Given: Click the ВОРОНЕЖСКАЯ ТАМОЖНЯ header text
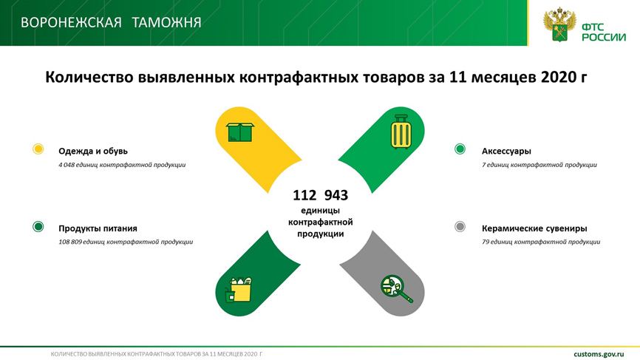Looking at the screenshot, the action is [x=111, y=22].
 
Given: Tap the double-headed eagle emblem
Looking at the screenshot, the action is [x=559, y=25].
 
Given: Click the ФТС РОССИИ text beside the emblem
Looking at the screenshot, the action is [x=604, y=33].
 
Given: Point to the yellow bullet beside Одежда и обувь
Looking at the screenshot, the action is [x=38, y=149].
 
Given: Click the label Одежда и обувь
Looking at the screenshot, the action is [x=93, y=151].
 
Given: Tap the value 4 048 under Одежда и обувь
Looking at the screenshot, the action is [x=67, y=165].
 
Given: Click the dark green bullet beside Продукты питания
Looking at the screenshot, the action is [x=38, y=226].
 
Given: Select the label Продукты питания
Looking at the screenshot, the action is [x=98, y=228].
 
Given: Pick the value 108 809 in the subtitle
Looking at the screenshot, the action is [x=70, y=242].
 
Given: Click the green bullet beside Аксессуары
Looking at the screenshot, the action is [x=460, y=149].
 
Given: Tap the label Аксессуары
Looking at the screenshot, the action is [x=506, y=151].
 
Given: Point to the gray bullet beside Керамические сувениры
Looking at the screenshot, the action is [x=460, y=226].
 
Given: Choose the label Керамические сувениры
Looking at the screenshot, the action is [x=535, y=228].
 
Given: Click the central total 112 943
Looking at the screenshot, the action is [x=321, y=195].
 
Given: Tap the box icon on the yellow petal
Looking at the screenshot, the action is [x=240, y=132].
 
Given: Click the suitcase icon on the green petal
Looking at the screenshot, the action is [x=401, y=132].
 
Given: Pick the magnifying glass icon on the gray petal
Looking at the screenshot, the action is [x=396, y=288].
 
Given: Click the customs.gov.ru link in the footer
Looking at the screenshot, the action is [x=599, y=354].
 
